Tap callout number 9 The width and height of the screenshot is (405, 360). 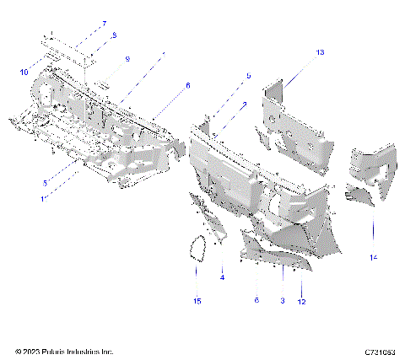point(127,59)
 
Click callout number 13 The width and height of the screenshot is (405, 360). point(320,53)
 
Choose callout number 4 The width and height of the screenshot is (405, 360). point(222,277)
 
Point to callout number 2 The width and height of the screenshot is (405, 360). point(244,105)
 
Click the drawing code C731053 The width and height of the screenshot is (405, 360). point(381,351)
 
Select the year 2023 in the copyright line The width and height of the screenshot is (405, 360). point(30,351)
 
